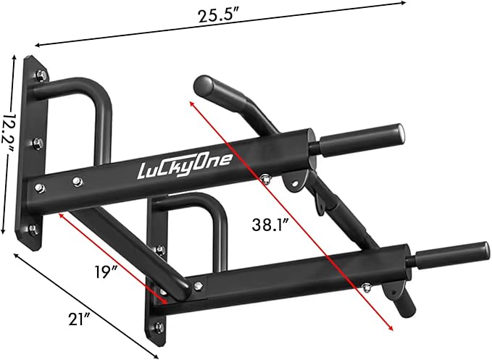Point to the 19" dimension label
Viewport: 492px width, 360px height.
point(106,273)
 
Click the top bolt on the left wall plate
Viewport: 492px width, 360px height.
point(39,75)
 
